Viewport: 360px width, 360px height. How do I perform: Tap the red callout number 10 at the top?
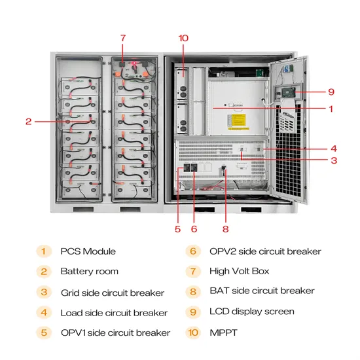click(x=183, y=38)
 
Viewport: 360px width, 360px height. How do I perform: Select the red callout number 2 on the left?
click(x=29, y=121)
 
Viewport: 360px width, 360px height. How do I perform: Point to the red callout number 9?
click(x=332, y=92)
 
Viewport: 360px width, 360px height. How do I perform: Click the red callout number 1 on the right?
click(x=332, y=109)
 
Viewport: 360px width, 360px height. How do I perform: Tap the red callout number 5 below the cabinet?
click(x=177, y=229)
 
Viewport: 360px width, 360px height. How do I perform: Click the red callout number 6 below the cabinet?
click(x=194, y=229)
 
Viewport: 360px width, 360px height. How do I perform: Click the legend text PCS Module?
click(x=88, y=251)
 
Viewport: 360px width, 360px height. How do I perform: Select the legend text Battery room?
click(x=90, y=271)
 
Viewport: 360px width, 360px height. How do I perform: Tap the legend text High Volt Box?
click(x=239, y=271)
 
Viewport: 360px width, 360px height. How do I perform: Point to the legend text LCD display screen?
click(x=251, y=312)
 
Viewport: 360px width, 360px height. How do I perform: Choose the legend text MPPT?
click(x=223, y=333)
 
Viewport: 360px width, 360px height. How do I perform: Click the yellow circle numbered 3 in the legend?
click(x=43, y=292)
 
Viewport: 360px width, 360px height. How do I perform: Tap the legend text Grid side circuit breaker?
click(x=113, y=293)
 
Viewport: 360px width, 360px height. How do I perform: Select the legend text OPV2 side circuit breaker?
click(x=265, y=251)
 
